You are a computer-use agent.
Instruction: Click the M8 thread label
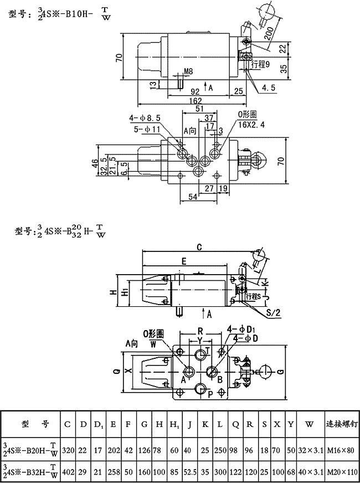point(188,72)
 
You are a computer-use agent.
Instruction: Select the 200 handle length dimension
point(269,33)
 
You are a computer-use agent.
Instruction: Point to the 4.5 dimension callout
point(269,87)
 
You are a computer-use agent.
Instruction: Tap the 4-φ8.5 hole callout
point(145,117)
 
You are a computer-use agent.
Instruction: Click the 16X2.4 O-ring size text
point(252,125)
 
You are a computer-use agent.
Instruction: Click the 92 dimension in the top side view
point(195,91)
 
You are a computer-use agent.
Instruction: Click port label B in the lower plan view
point(220,380)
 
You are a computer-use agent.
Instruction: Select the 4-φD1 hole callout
point(242,329)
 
